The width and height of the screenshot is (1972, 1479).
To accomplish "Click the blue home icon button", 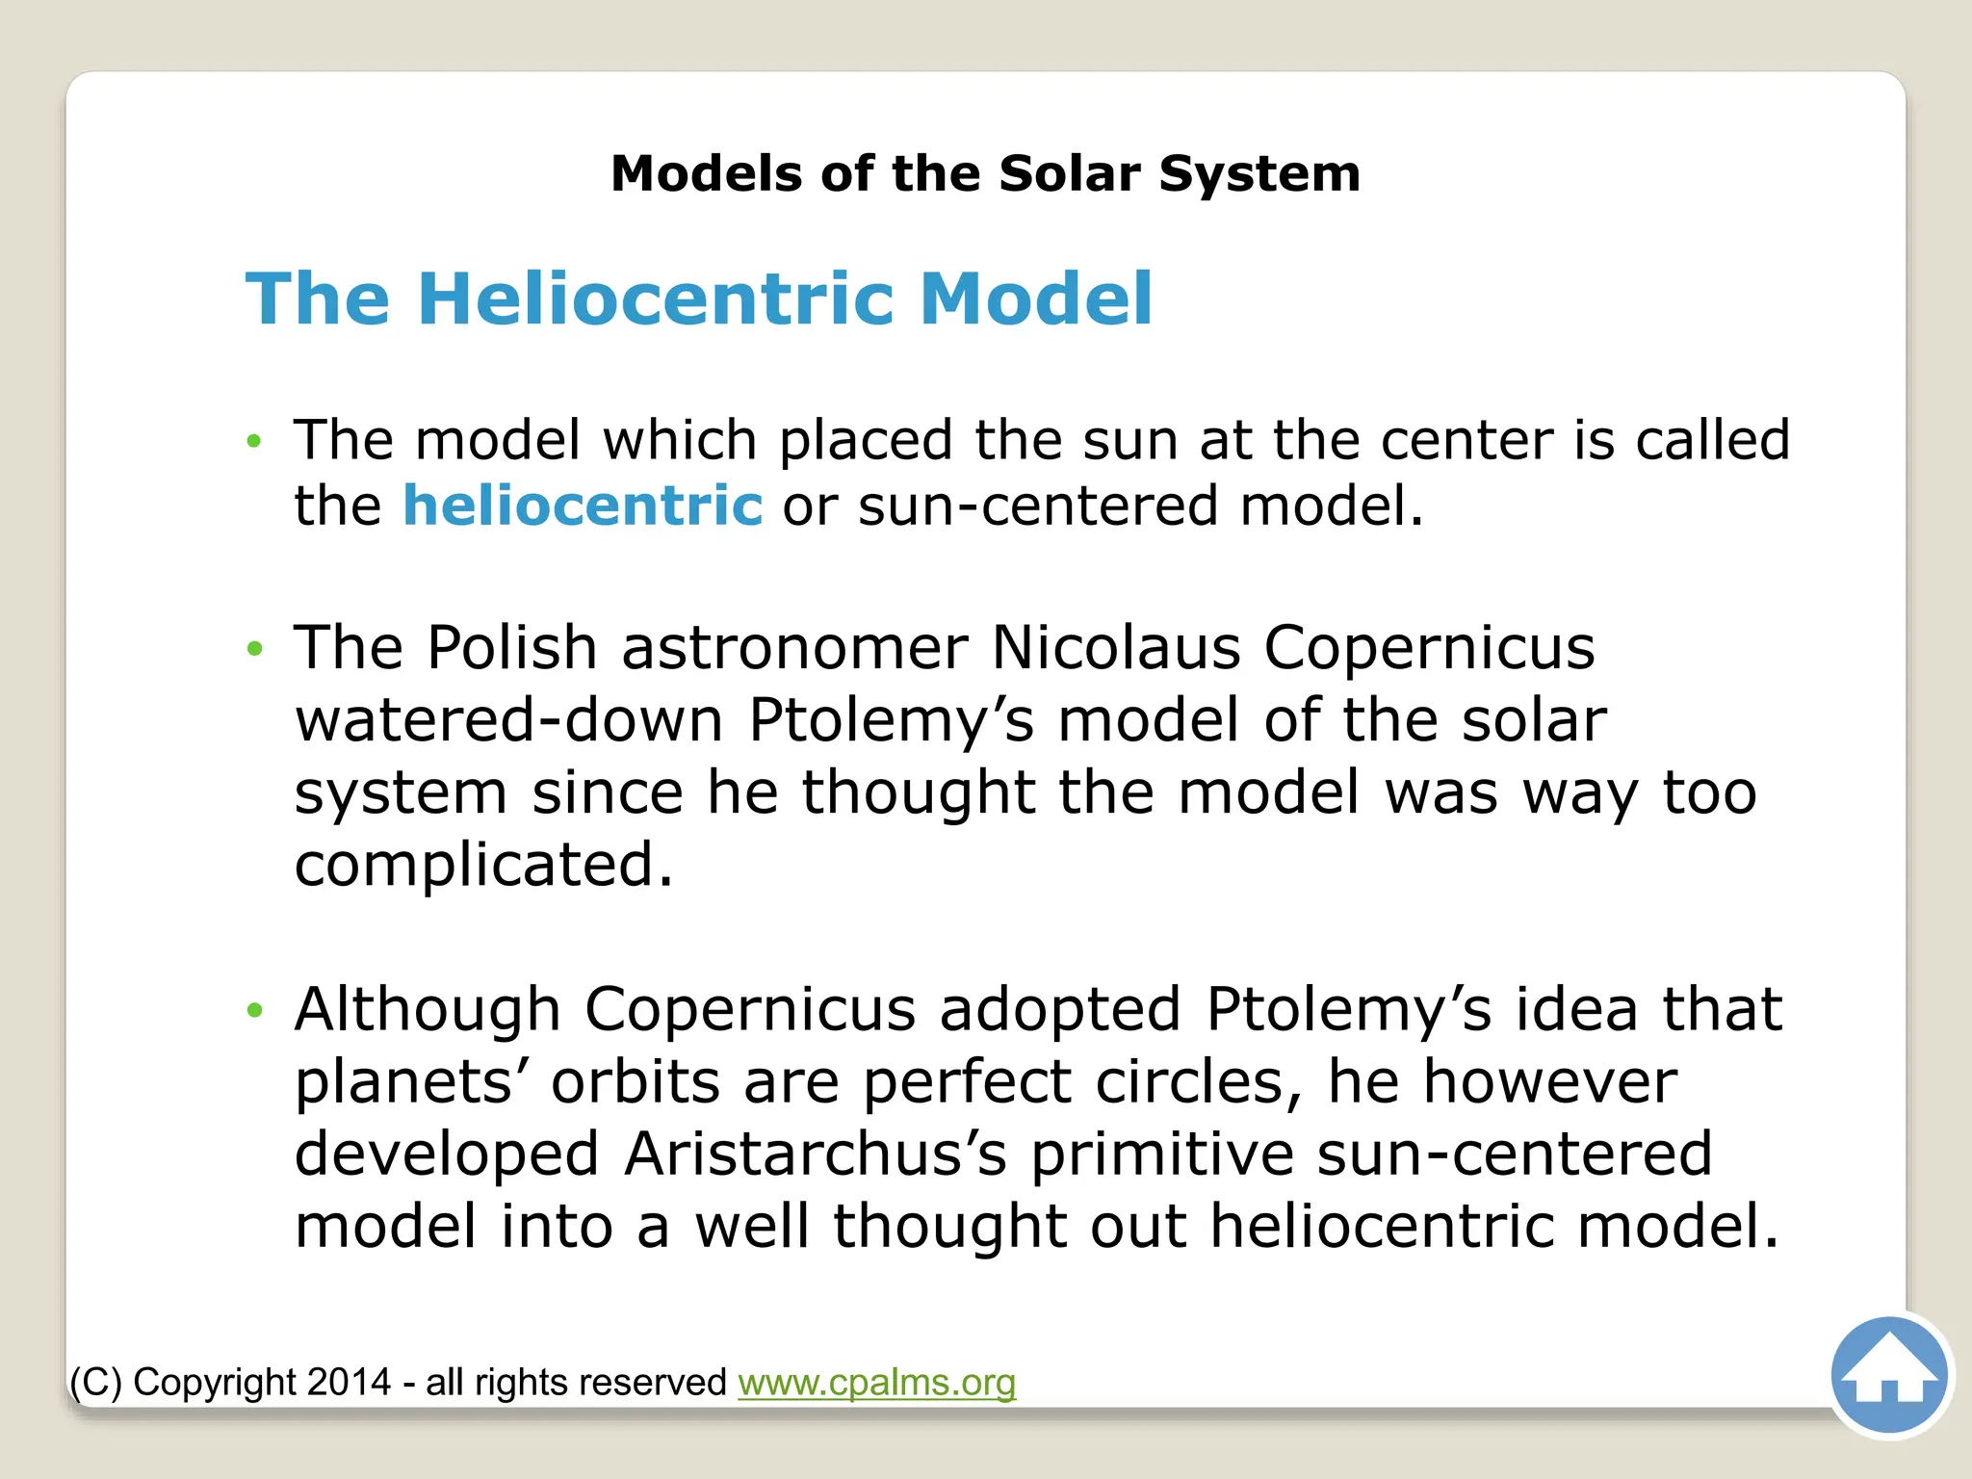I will tap(1889, 1376).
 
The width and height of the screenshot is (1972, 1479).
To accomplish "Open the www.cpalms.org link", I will tap(876, 1382).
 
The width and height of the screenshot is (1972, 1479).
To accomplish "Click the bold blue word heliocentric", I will tap(583, 506).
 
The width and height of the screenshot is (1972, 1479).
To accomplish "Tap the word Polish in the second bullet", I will tap(512, 647).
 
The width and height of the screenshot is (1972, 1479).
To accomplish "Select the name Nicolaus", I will tap(1116, 647).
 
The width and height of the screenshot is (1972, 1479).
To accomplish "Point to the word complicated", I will tap(483, 865).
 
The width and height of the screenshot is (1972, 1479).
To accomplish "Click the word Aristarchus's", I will tap(815, 1154).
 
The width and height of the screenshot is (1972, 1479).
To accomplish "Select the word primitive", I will tap(1161, 1154).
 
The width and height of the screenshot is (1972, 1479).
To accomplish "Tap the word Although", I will tap(428, 1009).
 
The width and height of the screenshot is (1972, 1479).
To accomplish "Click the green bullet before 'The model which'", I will tap(254, 442).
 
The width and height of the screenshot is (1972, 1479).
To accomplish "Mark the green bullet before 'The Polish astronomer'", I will tap(254, 649).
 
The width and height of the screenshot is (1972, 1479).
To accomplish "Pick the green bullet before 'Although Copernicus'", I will tap(254, 1010).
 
